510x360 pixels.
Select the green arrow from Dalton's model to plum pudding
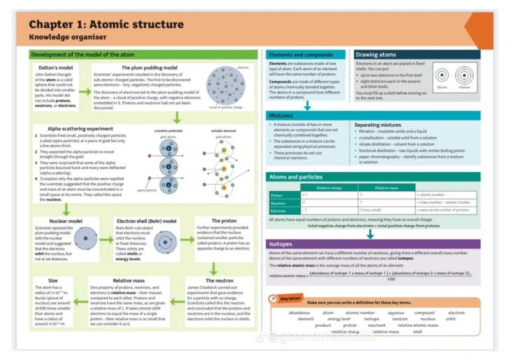pyautogui.click(x=84, y=92)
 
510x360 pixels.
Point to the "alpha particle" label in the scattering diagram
pyautogui.click(x=147, y=191)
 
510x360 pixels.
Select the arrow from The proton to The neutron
pyautogui.click(x=212, y=268)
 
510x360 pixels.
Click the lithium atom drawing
pyautogui.click(x=442, y=76)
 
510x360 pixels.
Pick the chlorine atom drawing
pyautogui.click(x=464, y=76)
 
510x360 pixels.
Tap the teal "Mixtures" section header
pyautogui.click(x=280, y=116)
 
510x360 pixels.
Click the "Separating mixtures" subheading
pyautogui.click(x=378, y=125)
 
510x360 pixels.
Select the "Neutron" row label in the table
pyautogui.click(x=278, y=203)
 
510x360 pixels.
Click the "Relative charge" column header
pyautogui.click(x=328, y=187)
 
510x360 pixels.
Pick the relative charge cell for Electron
pyautogui.click(x=304, y=210)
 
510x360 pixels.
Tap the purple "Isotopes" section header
pyautogui.click(x=281, y=244)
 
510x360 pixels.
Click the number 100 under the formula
pyautogui.click(x=391, y=279)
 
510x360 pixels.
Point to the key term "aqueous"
pyautogui.click(x=396, y=313)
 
